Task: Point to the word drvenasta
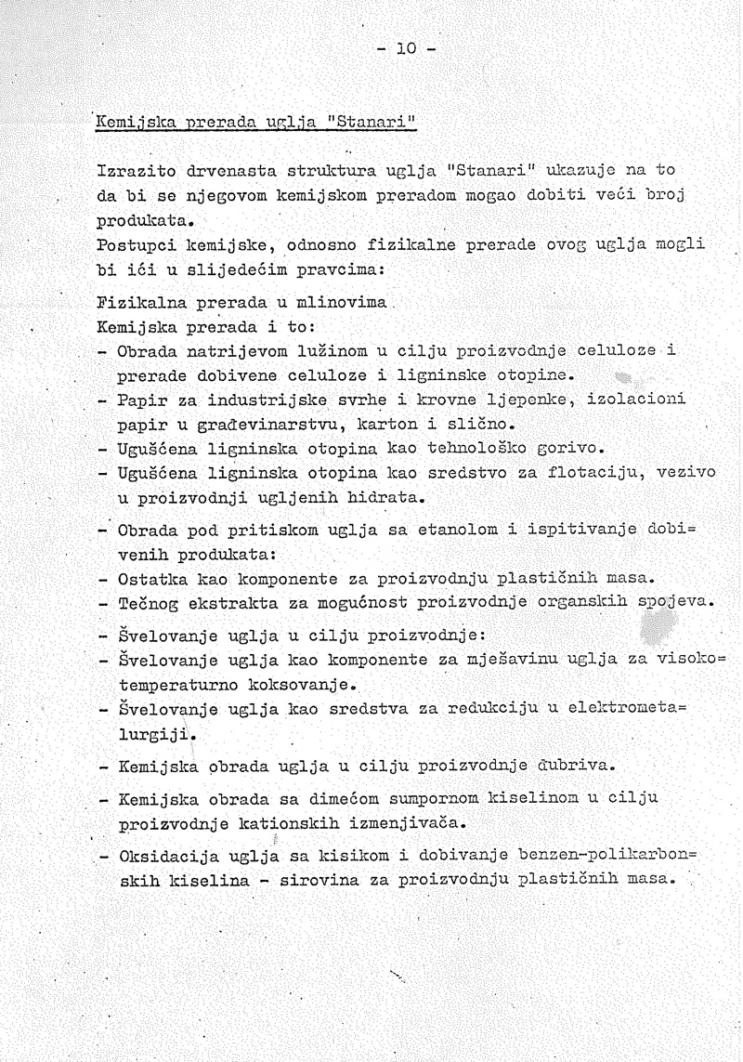[229, 172]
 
